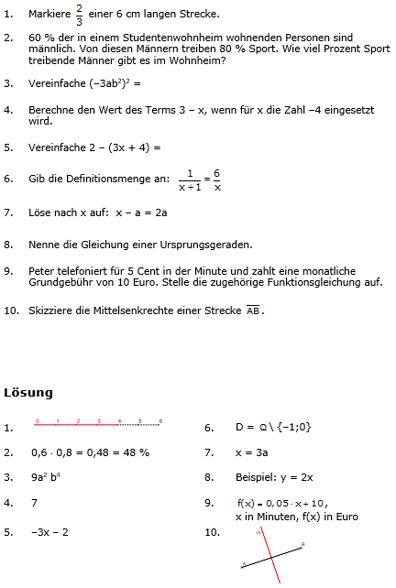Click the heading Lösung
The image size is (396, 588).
click(x=28, y=392)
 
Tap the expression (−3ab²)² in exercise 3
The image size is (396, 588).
click(x=115, y=83)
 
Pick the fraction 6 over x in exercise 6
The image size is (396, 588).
click(x=217, y=180)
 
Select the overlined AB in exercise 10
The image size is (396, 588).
click(x=253, y=310)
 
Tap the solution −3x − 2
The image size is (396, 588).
click(x=49, y=532)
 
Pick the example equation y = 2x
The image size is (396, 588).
click(x=294, y=477)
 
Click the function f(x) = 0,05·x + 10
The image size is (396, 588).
click(x=281, y=503)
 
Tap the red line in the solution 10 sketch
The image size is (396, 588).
click(x=269, y=553)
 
